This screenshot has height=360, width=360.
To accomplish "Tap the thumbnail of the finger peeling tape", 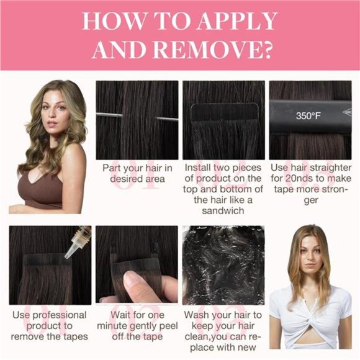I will [x=137, y=264].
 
